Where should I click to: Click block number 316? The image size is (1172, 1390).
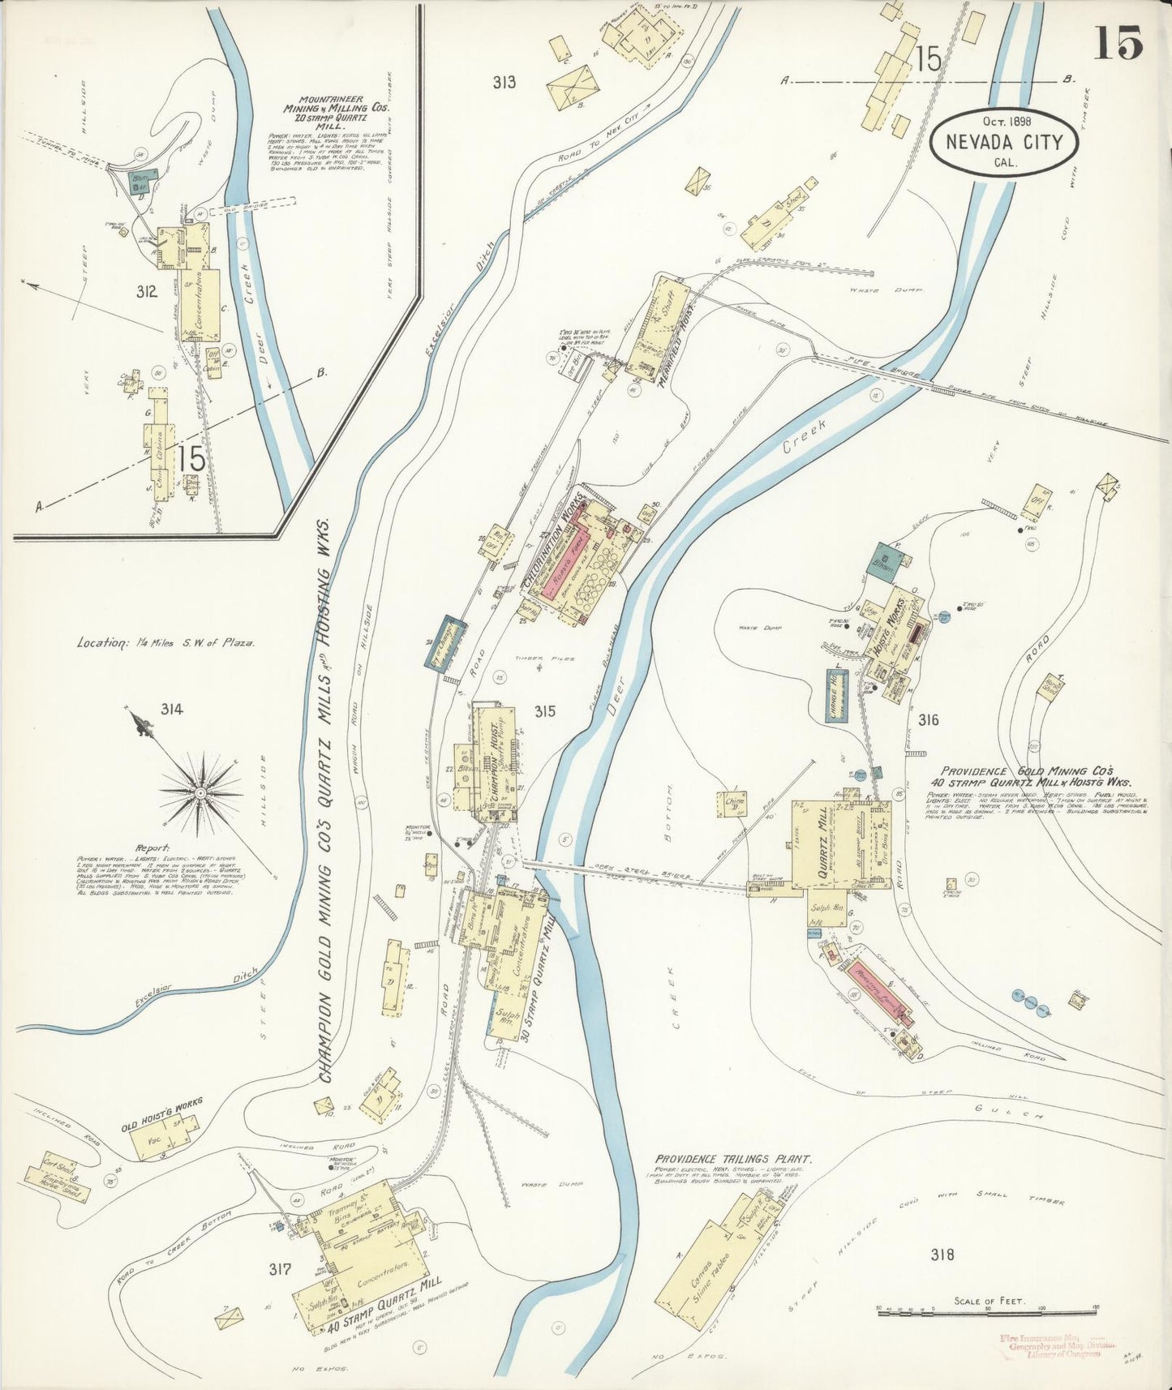tap(929, 719)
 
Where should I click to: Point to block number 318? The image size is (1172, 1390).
tap(942, 1255)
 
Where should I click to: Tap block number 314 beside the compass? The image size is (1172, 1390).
tap(171, 710)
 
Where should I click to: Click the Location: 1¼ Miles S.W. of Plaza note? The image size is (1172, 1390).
tap(165, 643)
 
